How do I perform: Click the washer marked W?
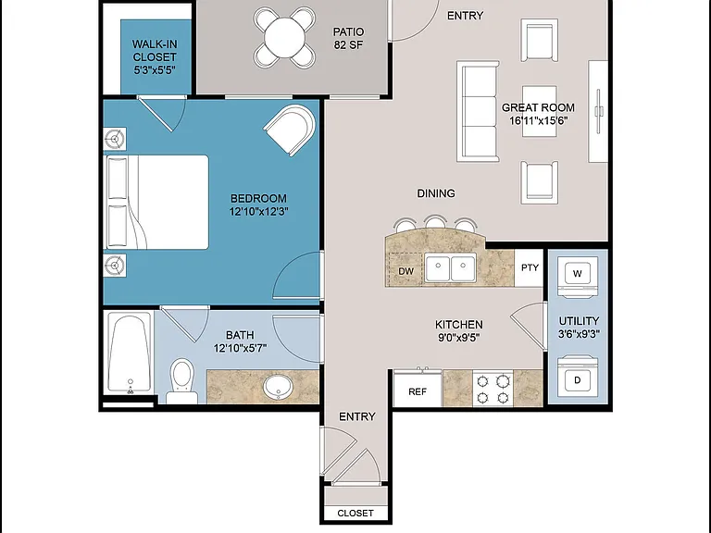(x=578, y=278)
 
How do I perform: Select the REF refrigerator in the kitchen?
(x=418, y=389)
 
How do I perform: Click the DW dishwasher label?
(x=405, y=271)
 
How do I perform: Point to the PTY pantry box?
(x=530, y=267)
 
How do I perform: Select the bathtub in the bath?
(x=130, y=353)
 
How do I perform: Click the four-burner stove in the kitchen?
(x=493, y=389)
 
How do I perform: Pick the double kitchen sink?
(x=450, y=267)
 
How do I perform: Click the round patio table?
(x=284, y=38)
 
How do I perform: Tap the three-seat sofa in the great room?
(x=478, y=111)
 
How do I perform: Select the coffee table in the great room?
(x=539, y=111)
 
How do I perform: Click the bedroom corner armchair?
(x=291, y=129)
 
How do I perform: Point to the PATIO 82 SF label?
(x=348, y=38)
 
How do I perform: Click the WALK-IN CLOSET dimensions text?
(x=155, y=70)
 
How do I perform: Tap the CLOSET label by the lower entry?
(x=355, y=513)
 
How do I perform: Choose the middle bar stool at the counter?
(x=435, y=222)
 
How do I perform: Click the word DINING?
(x=436, y=193)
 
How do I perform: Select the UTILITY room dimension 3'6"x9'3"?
(x=579, y=334)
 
